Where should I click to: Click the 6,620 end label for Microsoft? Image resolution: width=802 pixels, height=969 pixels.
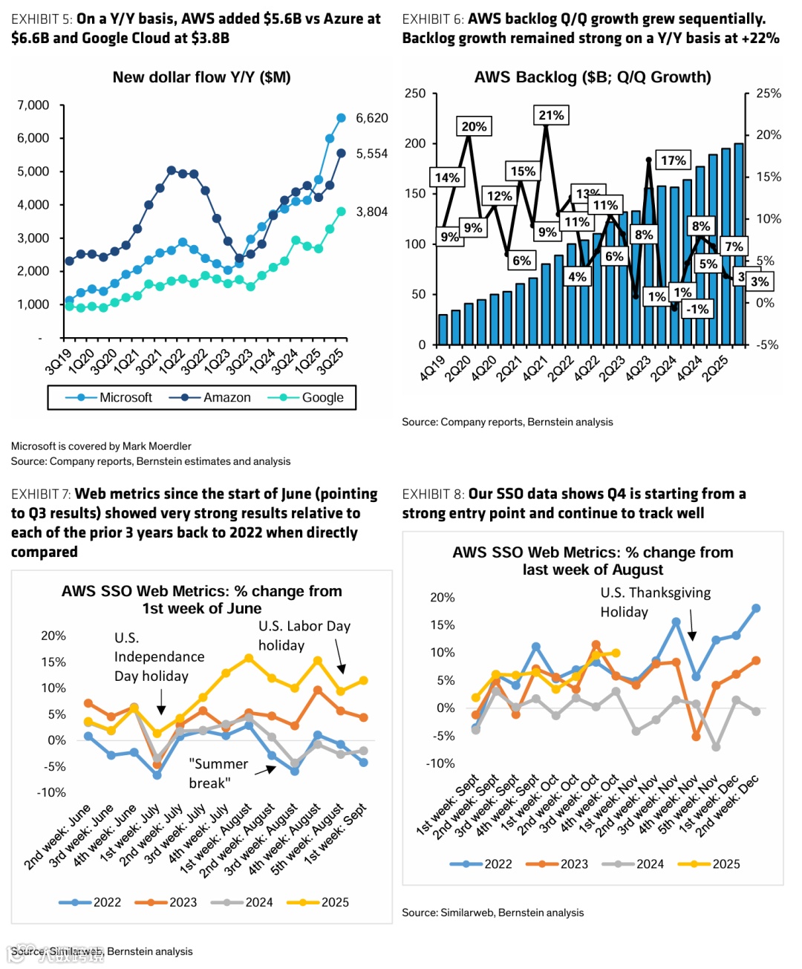pos(371,118)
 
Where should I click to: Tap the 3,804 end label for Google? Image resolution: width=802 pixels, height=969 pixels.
pos(371,212)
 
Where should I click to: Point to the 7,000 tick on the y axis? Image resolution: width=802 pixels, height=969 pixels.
pos(33,105)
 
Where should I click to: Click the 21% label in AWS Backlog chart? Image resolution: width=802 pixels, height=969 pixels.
pos(551,115)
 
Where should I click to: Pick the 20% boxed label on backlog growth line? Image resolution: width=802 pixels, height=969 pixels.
pos(474,126)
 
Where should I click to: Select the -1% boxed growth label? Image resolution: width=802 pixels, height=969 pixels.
pos(697,309)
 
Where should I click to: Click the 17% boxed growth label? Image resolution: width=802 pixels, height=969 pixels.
pos(673,160)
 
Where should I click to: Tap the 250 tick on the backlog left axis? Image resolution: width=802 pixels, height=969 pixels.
pos(415,94)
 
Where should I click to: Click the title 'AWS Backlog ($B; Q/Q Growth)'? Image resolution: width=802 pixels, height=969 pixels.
pos(593,77)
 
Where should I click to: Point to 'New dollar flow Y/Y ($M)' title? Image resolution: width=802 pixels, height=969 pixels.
pos(201,77)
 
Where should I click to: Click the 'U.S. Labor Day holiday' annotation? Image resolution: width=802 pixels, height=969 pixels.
pos(304,636)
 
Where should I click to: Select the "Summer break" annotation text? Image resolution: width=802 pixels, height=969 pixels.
pos(218,773)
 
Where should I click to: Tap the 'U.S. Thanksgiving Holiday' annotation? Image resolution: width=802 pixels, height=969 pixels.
pos(655,602)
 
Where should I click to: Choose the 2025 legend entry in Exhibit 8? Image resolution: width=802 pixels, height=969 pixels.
pos(726,864)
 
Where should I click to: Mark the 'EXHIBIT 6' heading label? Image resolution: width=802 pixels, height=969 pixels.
pos(432,19)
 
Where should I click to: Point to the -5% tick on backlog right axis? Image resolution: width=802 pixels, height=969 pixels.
pos(767,345)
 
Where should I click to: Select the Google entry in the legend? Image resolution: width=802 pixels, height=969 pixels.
pos(322,398)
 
